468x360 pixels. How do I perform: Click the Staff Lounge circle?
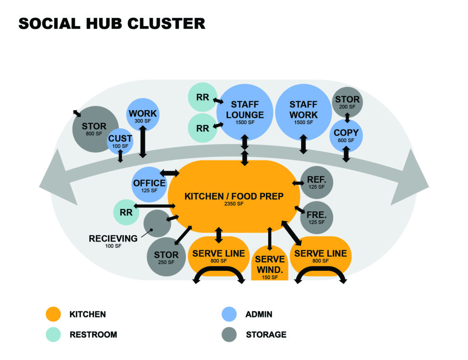click(245, 112)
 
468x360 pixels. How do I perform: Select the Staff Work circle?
click(303, 112)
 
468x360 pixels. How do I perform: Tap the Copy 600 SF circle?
click(346, 135)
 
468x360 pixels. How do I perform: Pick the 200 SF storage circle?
click(347, 102)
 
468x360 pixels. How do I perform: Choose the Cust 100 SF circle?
click(120, 140)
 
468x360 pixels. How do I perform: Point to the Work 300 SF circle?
click(143, 115)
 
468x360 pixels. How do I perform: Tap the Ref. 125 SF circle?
click(316, 182)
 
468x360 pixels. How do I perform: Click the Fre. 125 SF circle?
click(316, 217)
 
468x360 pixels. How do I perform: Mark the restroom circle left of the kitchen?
click(126, 213)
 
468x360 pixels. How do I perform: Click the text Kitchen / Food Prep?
click(234, 196)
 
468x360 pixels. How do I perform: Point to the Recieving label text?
click(113, 238)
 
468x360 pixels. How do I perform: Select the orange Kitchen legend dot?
click(54, 314)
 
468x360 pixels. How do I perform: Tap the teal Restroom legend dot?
click(54, 335)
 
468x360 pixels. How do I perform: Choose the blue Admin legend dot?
click(228, 314)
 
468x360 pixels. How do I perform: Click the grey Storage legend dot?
click(228, 335)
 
